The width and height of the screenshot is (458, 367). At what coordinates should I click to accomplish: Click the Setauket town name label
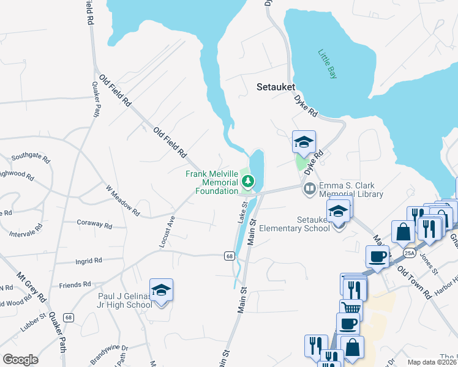coord(275,87)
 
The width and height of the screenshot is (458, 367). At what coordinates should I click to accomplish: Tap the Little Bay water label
coord(328,64)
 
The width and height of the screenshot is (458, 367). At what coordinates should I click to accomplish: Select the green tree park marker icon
coord(248,180)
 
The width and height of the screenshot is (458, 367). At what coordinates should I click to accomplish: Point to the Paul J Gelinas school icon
coord(161,289)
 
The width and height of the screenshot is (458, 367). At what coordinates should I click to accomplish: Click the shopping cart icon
coord(350,308)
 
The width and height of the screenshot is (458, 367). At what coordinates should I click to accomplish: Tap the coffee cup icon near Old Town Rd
coord(377,256)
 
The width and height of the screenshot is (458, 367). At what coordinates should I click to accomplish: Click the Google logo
coord(20,359)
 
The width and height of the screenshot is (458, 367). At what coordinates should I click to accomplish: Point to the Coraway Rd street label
coord(95,225)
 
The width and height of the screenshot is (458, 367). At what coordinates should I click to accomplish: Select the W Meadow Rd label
coord(122,201)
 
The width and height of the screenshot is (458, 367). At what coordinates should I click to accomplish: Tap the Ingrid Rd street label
coord(89,261)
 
